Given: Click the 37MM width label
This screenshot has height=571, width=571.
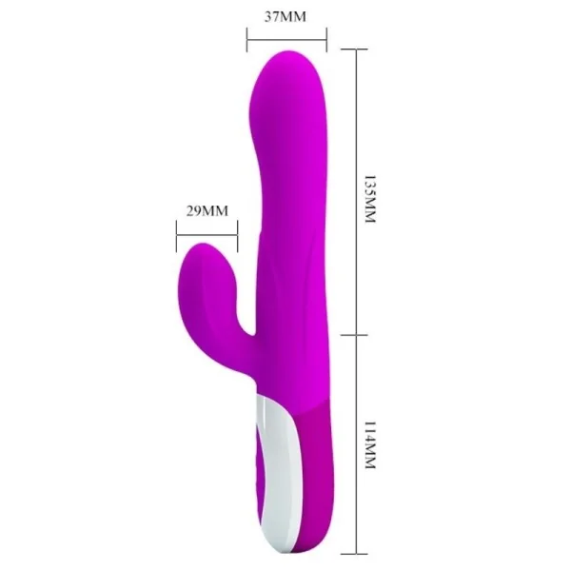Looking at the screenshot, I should (286, 16).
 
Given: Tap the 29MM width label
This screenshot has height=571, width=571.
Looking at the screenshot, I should (207, 210).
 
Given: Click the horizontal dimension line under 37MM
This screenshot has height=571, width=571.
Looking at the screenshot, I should (286, 40).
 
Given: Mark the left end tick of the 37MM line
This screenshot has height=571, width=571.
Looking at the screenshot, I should (246, 40).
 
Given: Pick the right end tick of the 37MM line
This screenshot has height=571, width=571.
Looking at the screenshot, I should (327, 40).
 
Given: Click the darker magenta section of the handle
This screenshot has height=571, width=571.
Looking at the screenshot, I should (309, 476).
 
